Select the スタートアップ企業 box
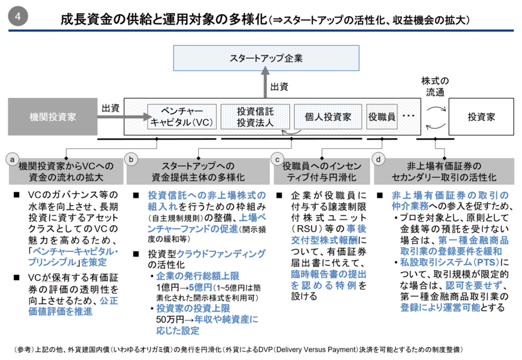coord(266,59)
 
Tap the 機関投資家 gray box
coord(53,116)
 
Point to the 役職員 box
coord(381,116)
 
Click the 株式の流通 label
coord(434,86)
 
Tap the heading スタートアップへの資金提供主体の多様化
coord(198,171)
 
